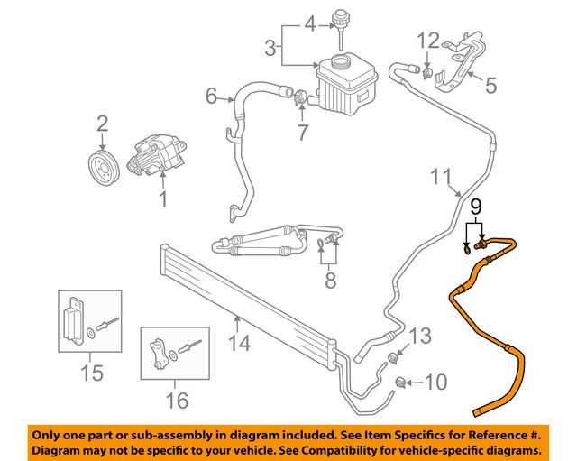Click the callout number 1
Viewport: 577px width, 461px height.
[163, 196]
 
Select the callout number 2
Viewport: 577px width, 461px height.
[102, 123]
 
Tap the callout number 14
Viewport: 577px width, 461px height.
[237, 342]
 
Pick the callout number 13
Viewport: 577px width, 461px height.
[421, 339]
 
